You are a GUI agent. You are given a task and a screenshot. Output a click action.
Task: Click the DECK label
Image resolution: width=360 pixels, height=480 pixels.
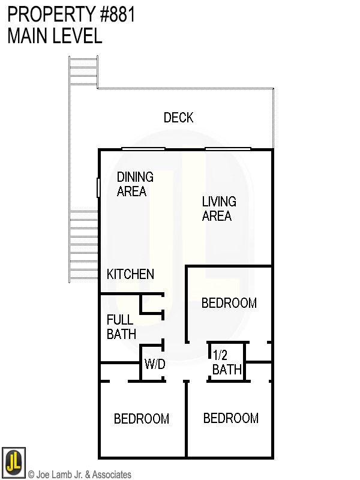click(179, 118)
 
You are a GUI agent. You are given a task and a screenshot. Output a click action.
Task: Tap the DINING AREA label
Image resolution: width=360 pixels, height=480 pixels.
click(134, 184)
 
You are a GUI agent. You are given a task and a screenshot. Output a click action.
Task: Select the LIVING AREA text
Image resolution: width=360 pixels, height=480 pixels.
click(218, 209)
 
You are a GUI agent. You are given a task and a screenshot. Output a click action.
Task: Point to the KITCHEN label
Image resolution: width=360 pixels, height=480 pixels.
click(130, 274)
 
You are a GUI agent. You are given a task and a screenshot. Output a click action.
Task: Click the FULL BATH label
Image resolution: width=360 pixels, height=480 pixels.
click(121, 327)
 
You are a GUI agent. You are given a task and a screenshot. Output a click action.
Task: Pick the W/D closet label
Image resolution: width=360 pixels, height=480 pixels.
click(154, 364)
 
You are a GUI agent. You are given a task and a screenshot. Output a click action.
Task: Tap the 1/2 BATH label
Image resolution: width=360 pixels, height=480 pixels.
click(227, 363)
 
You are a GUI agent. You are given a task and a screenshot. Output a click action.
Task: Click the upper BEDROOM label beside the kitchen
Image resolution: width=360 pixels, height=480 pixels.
click(229, 303)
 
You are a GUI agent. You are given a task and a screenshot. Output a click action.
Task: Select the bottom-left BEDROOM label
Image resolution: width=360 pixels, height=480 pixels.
click(142, 419)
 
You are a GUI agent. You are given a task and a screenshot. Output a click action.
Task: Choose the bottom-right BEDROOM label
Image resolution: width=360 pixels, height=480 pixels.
click(230, 418)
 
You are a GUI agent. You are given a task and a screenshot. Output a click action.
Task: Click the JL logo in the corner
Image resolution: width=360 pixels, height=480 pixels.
click(13, 463)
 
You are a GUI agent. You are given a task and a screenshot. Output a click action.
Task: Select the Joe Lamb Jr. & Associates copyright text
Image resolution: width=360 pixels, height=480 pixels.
click(79, 475)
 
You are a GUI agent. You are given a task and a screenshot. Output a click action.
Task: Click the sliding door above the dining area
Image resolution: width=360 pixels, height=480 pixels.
click(143, 149)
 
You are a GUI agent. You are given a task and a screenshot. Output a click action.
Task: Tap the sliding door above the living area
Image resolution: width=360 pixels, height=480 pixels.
click(227, 149)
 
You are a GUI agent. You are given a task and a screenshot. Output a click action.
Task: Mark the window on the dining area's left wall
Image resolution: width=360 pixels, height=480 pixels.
click(98, 187)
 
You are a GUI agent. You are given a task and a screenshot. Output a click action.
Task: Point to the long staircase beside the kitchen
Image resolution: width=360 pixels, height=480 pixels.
click(83, 246)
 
